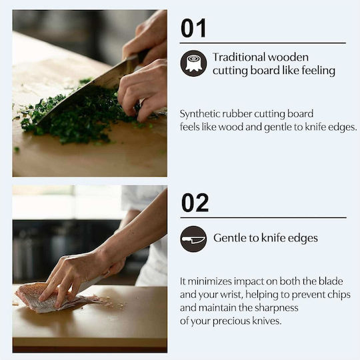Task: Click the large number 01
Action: click(x=193, y=28)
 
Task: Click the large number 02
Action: click(x=195, y=203)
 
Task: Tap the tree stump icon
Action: click(x=193, y=63)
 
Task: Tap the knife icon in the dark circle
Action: click(x=193, y=239)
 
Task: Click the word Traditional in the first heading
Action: click(x=238, y=57)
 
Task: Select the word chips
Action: click(x=339, y=295)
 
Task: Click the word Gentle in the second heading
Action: click(x=229, y=238)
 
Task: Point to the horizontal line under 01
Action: click(x=263, y=43)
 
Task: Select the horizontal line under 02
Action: click(x=263, y=217)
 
